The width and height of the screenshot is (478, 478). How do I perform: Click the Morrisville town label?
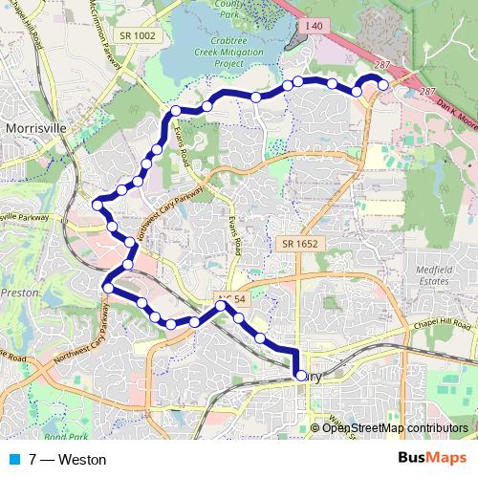tap(34, 127)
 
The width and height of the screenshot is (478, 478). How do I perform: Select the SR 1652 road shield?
tap(298, 245)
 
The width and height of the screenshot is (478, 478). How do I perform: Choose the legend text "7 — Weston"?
tap(67, 459)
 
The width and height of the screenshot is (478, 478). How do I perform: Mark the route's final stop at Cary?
tap(300, 377)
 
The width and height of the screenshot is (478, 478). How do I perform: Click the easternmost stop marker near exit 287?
tap(383, 85)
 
